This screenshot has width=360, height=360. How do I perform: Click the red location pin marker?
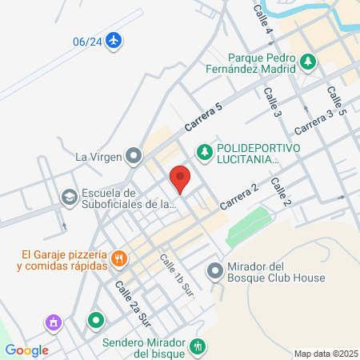pyautogui.click(x=180, y=178)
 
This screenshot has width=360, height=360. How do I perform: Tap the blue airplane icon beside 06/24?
pyautogui.click(x=115, y=40)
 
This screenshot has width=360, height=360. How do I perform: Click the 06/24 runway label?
pyautogui.click(x=87, y=41)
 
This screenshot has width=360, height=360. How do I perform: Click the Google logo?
pyautogui.click(x=27, y=350)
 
